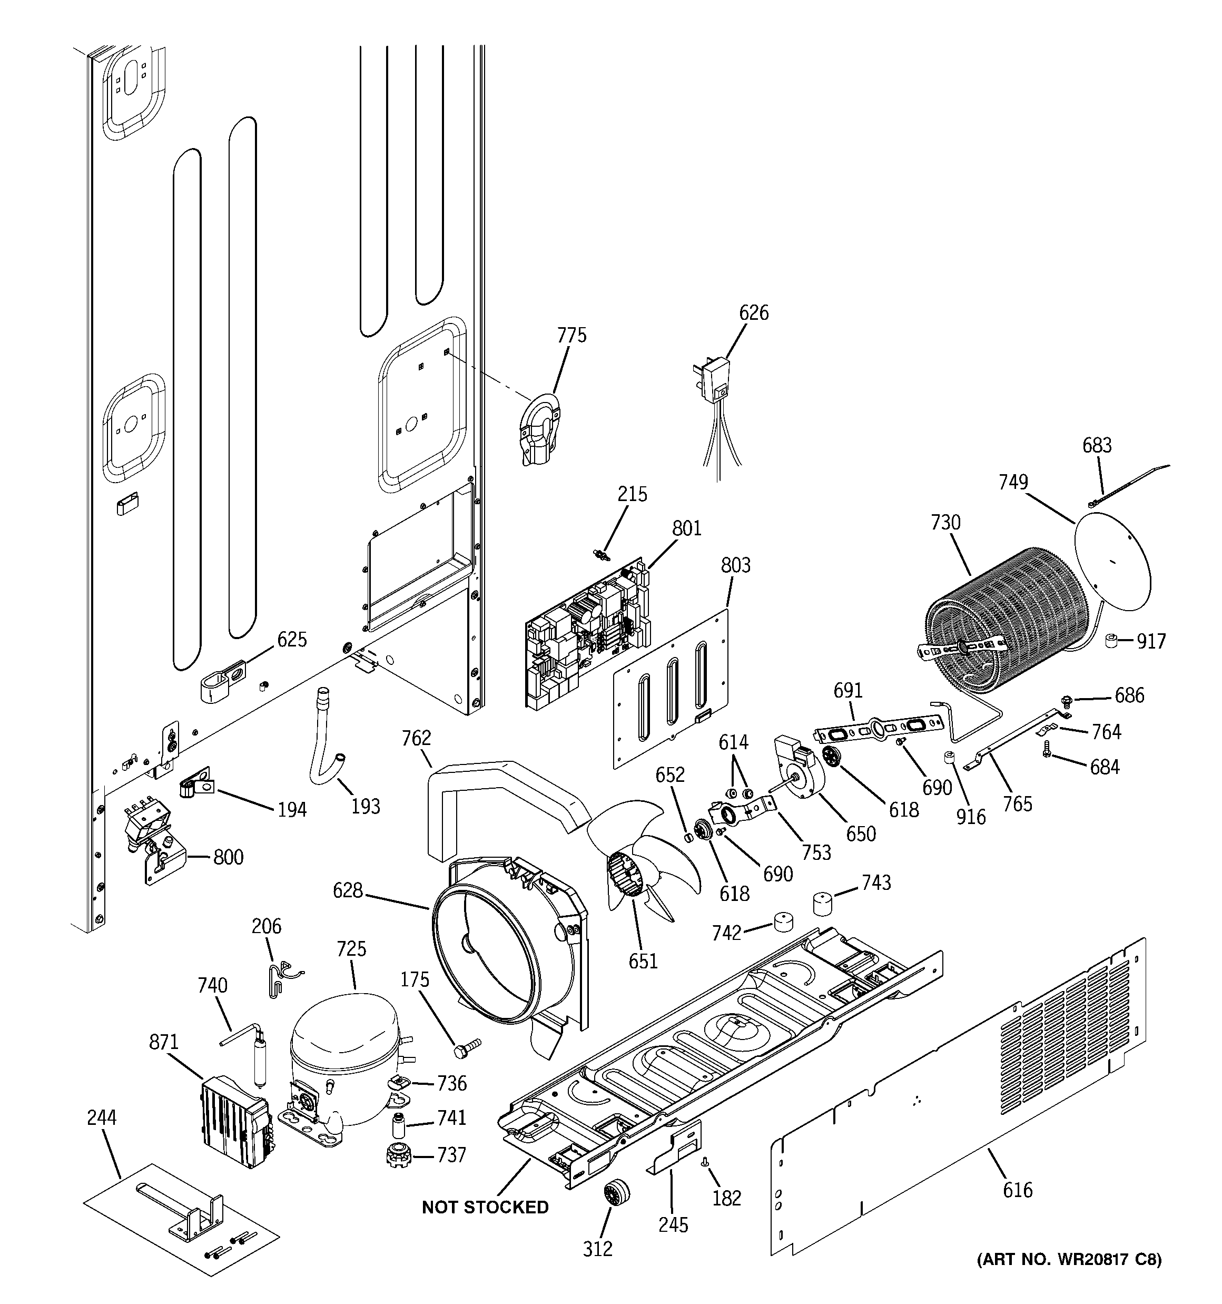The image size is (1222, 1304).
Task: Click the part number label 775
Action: tap(571, 335)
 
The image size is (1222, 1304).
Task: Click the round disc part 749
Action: tap(1113, 562)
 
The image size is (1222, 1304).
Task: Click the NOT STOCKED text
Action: tap(485, 1207)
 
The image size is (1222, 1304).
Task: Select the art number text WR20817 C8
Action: tap(1069, 1259)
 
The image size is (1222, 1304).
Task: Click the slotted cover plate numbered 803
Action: tap(672, 689)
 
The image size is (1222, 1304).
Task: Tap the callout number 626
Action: tap(754, 313)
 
